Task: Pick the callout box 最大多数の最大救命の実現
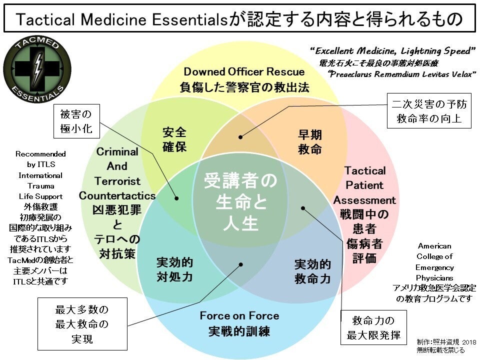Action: (x=82, y=324)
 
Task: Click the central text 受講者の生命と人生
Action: (x=240, y=202)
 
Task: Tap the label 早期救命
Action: (x=310, y=142)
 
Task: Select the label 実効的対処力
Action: (x=175, y=269)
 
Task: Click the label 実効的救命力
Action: (x=312, y=271)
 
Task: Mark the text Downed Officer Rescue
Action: (x=244, y=71)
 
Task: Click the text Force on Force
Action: (x=239, y=316)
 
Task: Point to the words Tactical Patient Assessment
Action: (x=364, y=185)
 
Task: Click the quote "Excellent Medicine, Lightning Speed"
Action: (x=392, y=51)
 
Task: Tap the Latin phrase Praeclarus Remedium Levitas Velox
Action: (x=402, y=74)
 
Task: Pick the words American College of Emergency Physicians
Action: (x=434, y=261)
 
